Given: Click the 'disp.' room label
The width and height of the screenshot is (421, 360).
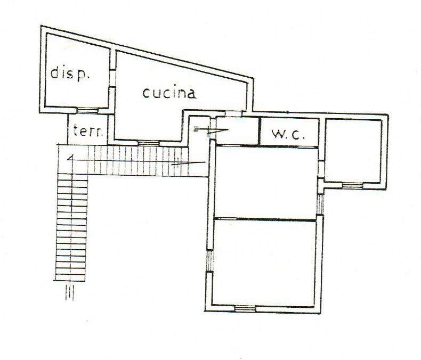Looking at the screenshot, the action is [70, 73].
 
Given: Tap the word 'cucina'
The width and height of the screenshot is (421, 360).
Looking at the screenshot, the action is [169, 93].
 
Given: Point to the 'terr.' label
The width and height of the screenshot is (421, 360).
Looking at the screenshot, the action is [88, 131].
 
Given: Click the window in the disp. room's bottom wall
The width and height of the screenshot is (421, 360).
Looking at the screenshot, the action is [87, 110].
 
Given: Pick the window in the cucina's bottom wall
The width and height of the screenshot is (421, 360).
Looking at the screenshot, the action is [149, 143].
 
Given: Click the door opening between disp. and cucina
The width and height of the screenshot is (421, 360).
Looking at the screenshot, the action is [112, 78].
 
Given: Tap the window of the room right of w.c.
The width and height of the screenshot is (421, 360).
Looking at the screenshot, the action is [353, 185].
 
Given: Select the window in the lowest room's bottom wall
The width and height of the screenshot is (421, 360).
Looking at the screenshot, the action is [245, 308].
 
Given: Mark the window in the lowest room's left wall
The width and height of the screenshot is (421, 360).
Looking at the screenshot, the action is [209, 261].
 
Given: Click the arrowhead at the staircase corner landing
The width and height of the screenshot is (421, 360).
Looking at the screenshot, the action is [70, 158].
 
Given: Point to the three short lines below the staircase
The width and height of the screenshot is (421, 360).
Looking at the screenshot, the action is [69, 292].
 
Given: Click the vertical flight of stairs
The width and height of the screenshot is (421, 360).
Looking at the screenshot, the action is [71, 227].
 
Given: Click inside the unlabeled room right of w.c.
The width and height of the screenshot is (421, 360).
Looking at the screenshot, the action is [353, 151].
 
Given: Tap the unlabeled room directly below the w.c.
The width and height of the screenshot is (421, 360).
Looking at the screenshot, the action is [265, 183].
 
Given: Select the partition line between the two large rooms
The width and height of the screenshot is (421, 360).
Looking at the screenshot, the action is [265, 219].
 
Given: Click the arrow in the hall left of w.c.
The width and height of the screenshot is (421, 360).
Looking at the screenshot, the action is [211, 130].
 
